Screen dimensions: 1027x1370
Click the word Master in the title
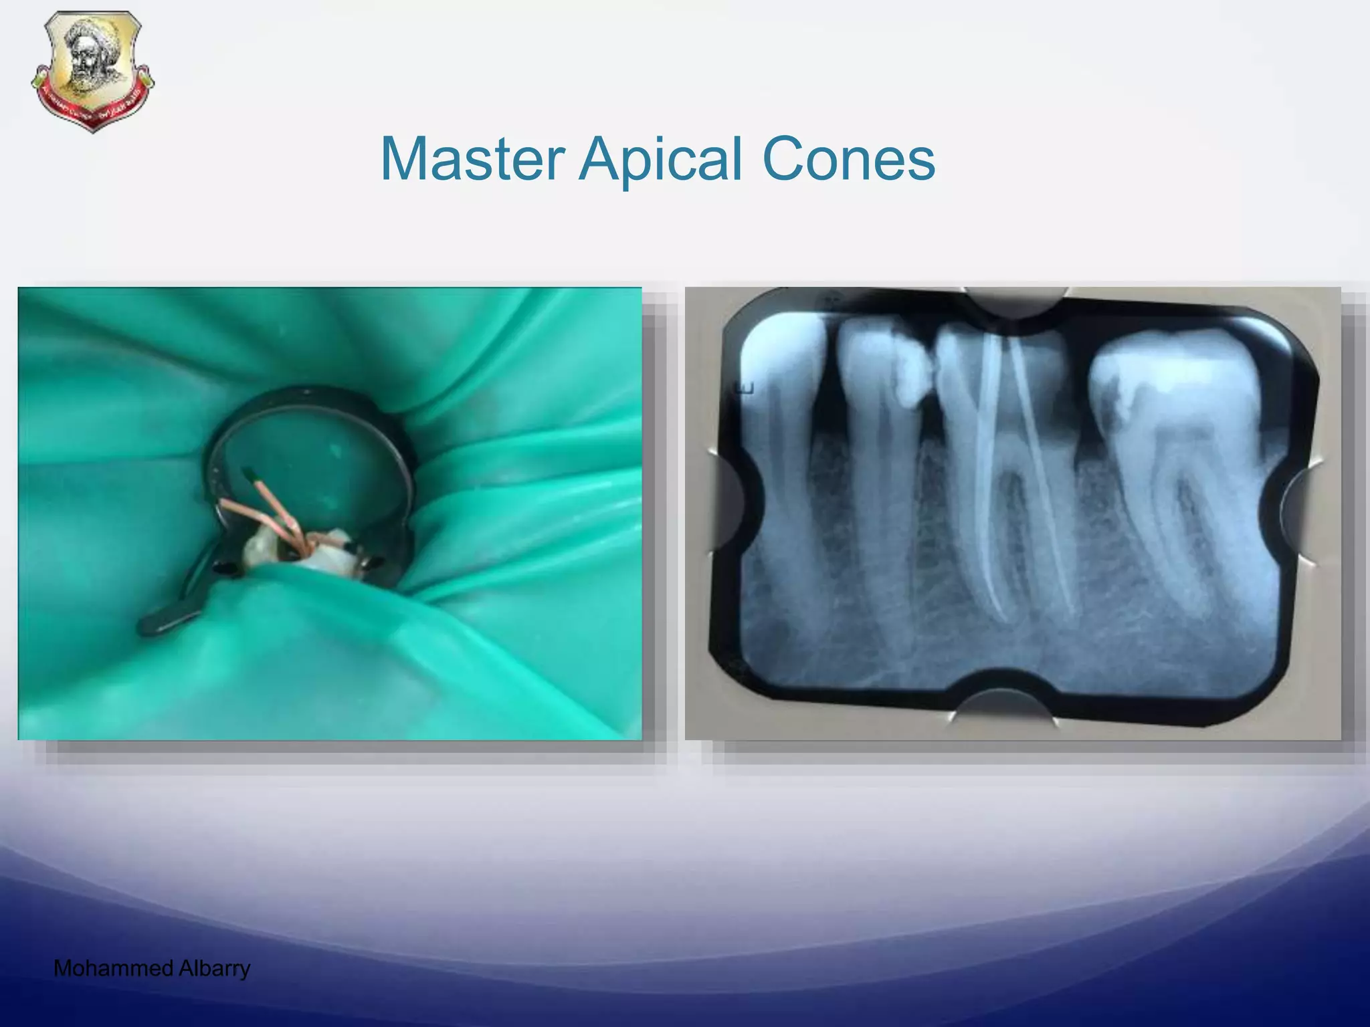pyautogui.click(x=472, y=159)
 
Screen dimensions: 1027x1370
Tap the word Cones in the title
pyautogui.click(x=848, y=159)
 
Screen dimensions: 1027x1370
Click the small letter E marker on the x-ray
pyautogui.click(x=747, y=388)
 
